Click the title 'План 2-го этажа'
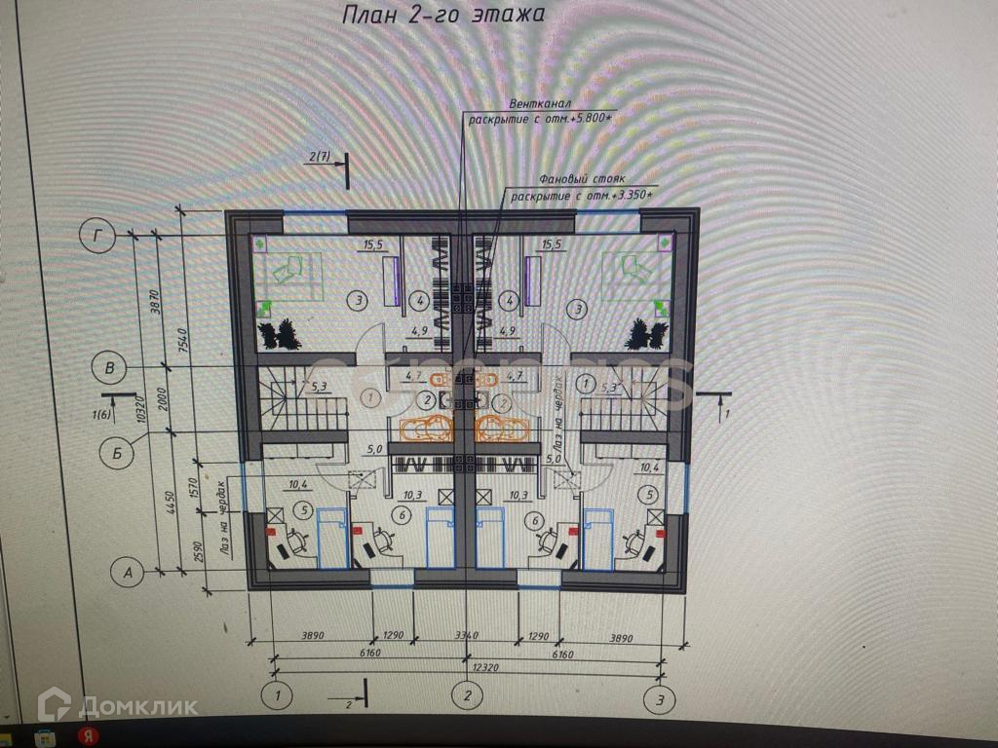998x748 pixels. coord(439,16)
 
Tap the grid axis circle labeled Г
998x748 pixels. coord(96,235)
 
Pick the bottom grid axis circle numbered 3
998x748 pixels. coord(662,696)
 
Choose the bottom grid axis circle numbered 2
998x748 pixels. coord(467,696)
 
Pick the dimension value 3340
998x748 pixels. coord(466,636)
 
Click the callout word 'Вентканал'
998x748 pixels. coord(539,103)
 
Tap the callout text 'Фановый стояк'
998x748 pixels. coord(575,181)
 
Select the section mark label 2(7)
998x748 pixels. coord(319,156)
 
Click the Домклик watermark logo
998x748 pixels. coord(117,705)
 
